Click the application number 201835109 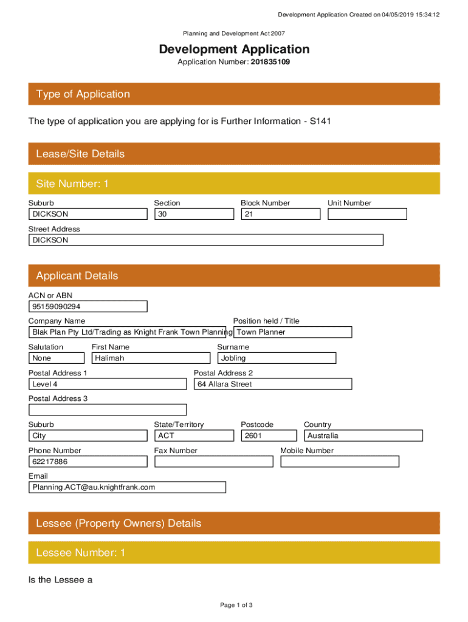pos(266,62)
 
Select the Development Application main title pos(234,49)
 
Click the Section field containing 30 pos(194,214)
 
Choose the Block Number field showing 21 pos(280,214)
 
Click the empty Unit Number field pos(367,214)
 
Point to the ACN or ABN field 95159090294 pos(88,307)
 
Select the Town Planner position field pos(292,332)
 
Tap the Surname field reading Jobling pos(277,358)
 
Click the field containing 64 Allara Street pos(272,384)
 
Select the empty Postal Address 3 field pos(108,410)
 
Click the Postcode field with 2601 pos(269,436)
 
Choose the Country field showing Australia pos(363,436)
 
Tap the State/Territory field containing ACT pos(194,436)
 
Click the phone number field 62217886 pos(88,462)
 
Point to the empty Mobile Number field pos(339,462)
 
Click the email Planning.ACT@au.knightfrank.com pos(127,487)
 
